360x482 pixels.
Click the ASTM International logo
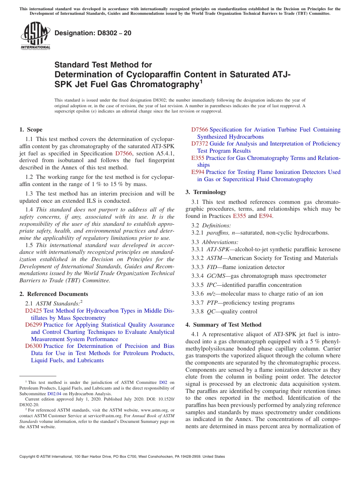coord(35,35)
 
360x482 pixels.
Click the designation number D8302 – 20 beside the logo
coord(93,33)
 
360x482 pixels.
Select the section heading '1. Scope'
coord(31,130)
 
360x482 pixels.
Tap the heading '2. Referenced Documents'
coord(54,294)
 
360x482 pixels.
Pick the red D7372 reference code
coord(200,144)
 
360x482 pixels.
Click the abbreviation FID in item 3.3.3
coord(212,267)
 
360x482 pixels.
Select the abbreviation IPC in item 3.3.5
coord(212,285)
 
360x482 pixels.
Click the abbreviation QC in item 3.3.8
coord(211,311)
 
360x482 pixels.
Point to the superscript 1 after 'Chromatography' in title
coord(201,81)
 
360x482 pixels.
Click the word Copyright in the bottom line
coord(28,457)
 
